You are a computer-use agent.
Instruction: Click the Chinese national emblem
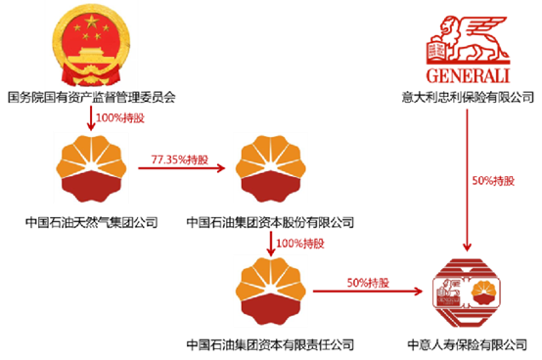click(91, 49)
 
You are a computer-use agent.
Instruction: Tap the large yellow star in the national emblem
click(91, 24)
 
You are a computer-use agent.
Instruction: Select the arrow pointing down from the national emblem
click(91, 117)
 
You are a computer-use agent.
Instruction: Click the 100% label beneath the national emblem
click(113, 117)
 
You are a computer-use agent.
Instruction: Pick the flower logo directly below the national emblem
click(91, 167)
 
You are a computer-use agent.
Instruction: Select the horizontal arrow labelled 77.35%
click(181, 168)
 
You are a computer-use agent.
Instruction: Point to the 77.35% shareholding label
click(179, 159)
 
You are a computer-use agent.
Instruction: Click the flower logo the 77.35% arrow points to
click(271, 167)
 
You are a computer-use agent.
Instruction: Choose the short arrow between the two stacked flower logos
click(271, 240)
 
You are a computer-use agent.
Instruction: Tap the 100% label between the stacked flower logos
click(299, 242)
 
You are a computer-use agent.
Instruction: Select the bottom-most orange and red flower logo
click(271, 292)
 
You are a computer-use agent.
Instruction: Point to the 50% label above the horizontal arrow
click(368, 282)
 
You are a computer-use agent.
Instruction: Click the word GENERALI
click(468, 76)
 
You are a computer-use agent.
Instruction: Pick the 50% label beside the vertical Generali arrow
click(493, 181)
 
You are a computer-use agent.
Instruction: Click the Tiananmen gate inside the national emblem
click(91, 54)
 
